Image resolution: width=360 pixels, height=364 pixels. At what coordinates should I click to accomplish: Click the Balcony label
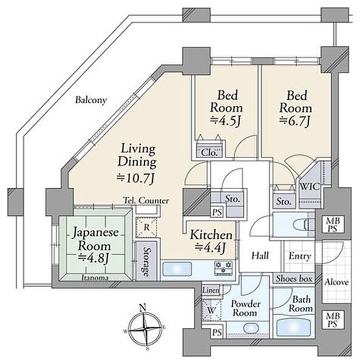click(91, 100)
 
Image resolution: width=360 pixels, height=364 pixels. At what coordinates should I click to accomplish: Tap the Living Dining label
click(137, 155)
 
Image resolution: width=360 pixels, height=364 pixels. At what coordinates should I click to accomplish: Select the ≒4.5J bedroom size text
click(225, 121)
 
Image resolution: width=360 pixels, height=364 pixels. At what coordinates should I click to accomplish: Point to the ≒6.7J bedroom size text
click(295, 121)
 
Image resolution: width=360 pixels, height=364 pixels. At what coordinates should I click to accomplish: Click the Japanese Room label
click(95, 239)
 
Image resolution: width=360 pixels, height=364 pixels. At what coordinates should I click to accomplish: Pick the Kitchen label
click(211, 235)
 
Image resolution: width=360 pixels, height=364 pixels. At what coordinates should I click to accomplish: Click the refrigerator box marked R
click(146, 227)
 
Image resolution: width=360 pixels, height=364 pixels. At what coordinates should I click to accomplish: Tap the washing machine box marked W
click(212, 310)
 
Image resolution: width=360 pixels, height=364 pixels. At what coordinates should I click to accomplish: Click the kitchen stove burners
click(223, 268)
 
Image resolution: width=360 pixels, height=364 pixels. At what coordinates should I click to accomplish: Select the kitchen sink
click(177, 269)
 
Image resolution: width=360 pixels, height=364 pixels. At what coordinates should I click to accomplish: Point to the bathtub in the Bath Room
click(294, 328)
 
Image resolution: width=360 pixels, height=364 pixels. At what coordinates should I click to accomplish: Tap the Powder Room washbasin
click(251, 329)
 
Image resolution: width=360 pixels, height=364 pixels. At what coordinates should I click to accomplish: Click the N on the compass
click(143, 308)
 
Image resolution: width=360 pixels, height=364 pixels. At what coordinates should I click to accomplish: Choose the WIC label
click(310, 186)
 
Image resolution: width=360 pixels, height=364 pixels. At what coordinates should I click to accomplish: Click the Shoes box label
click(294, 278)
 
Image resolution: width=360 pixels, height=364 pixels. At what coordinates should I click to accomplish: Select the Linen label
click(211, 290)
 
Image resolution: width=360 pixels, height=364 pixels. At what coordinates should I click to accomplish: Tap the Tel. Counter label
click(146, 201)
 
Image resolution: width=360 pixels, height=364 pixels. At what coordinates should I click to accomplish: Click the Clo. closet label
click(209, 152)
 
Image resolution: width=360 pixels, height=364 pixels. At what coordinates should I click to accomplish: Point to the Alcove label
click(336, 282)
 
